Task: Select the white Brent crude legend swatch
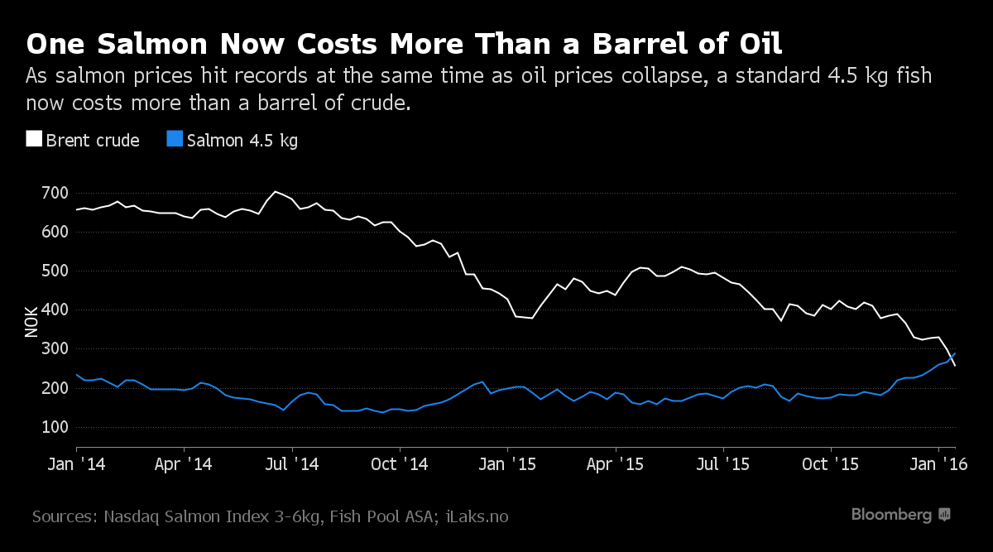coord(34,139)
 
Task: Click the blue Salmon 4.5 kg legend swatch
coord(175,139)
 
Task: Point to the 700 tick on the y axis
coord(55,193)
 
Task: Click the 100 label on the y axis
coord(55,427)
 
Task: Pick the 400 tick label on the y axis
coord(55,310)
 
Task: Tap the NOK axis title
coord(31,322)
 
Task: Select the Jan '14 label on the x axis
coord(76,464)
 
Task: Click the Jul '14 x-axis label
coord(291,464)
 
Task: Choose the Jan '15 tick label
coord(507,464)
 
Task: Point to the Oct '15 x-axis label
coord(830,464)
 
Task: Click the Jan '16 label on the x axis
coord(938,464)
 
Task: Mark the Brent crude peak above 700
coord(276,191)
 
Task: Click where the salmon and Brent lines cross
coord(952,358)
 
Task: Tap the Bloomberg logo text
coord(891,515)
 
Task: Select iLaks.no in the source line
coord(477,516)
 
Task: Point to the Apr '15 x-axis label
coord(615,464)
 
